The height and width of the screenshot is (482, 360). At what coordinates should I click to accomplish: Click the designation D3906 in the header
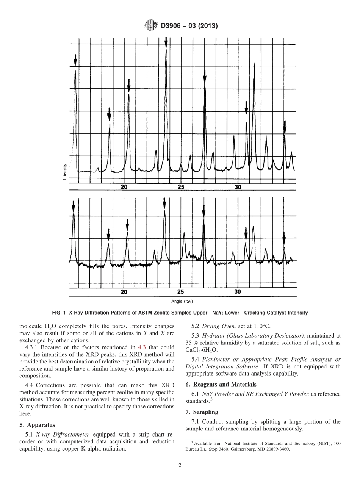click(x=173, y=26)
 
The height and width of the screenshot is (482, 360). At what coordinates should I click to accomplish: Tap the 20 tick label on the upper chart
click(x=124, y=187)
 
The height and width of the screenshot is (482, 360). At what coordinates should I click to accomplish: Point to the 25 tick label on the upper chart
click(x=181, y=187)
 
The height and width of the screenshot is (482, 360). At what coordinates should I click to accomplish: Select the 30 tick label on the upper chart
click(x=238, y=187)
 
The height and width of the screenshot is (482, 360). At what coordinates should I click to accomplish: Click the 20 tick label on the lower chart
click(x=124, y=292)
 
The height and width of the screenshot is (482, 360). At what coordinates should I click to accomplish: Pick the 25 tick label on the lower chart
click(x=180, y=292)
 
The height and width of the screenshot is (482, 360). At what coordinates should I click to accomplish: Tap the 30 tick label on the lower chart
click(x=238, y=292)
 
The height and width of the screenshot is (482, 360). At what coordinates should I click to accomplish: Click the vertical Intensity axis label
click(x=65, y=171)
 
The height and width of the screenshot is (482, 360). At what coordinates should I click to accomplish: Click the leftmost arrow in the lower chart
click(x=74, y=207)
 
